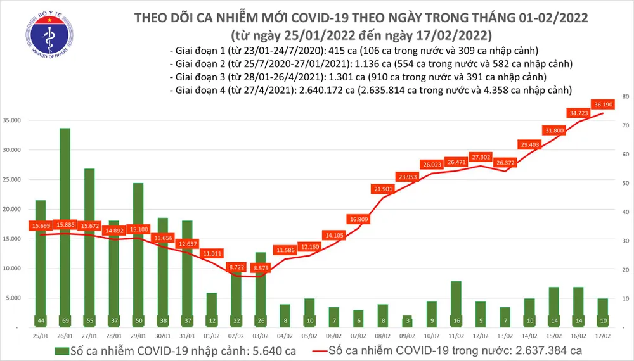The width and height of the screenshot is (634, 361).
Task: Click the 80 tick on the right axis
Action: pyautogui.click(x=625, y=96)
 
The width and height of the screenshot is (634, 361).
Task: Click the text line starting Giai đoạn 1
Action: pyautogui.click(x=354, y=51)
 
